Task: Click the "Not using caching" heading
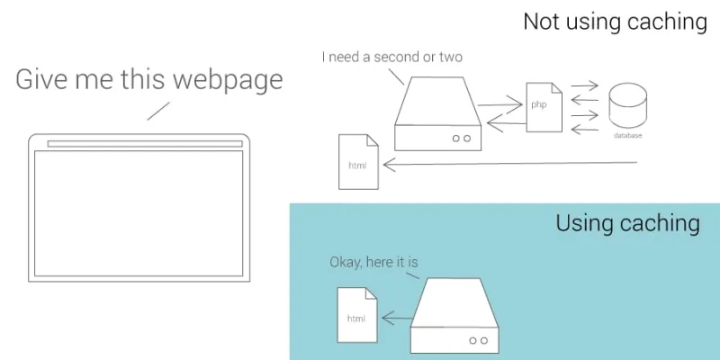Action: point(615,22)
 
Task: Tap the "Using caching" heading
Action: point(627,223)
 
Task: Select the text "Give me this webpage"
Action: point(148,80)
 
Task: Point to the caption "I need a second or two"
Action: point(392,57)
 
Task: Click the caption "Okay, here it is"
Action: point(373,262)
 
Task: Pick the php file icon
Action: point(544,107)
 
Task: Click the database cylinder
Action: point(627,104)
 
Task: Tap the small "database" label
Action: point(627,136)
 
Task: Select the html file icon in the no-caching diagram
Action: point(358,162)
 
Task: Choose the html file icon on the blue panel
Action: point(357,315)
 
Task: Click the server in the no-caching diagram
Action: point(437,114)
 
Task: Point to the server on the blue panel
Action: point(454,316)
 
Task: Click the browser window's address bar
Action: point(145,144)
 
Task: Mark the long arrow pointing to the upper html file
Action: point(509,164)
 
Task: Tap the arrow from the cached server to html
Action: point(397,318)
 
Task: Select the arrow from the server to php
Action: point(500,104)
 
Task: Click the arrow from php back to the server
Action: point(506,123)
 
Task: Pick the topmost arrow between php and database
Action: point(584,85)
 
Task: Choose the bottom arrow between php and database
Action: point(584,130)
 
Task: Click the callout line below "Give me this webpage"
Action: point(158,111)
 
